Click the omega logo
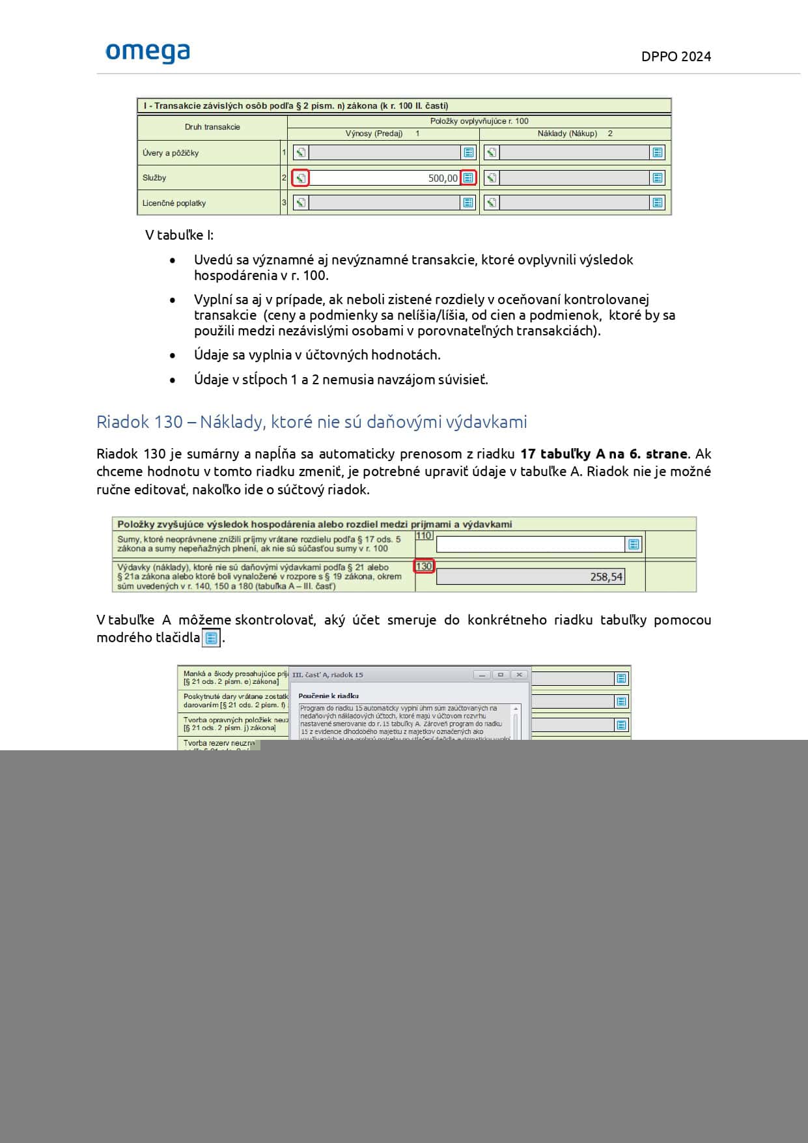pyautogui.click(x=148, y=53)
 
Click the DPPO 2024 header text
pyautogui.click(x=676, y=57)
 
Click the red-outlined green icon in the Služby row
pyautogui.click(x=300, y=178)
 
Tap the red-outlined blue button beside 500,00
pyautogui.click(x=468, y=178)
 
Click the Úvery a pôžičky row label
pyautogui.click(x=171, y=153)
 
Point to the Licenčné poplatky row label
pyautogui.click(x=174, y=203)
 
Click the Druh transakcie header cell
pyautogui.click(x=212, y=127)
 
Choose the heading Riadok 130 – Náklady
pyautogui.click(x=311, y=422)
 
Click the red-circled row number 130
pyautogui.click(x=424, y=567)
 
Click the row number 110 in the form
pyautogui.click(x=424, y=535)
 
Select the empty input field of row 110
pyautogui.click(x=530, y=544)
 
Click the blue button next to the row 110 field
pyautogui.click(x=634, y=544)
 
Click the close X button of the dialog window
pyautogui.click(x=519, y=675)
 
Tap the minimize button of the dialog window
pyautogui.click(x=482, y=675)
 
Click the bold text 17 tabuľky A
pyautogui.click(x=557, y=454)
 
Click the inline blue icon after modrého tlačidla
pyautogui.click(x=211, y=638)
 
